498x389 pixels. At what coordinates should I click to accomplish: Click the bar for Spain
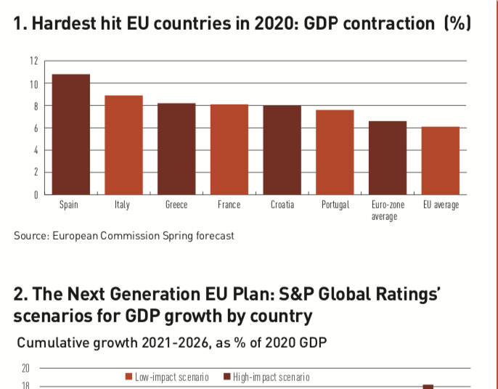coord(68,134)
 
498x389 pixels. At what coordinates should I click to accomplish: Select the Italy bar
coord(123,145)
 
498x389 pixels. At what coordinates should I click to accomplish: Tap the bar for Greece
coord(176,149)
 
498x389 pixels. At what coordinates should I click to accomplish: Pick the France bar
coord(229,150)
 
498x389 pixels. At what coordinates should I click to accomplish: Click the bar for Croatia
coord(282,150)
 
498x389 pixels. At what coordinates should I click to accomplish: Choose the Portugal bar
coord(335,152)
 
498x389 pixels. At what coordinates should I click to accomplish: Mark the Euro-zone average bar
coord(388,157)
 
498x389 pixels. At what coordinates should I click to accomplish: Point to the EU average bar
coord(441,160)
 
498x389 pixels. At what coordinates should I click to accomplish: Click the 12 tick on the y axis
coord(33,61)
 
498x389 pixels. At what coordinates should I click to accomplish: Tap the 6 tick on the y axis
coord(34,128)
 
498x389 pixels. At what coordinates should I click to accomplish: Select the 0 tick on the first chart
coord(34,194)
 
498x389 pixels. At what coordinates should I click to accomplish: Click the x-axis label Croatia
coord(282,205)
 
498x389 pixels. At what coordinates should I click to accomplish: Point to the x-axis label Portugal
coord(335,205)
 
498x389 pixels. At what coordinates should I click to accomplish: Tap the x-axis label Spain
coord(68,205)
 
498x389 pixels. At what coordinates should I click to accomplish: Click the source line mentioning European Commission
coord(124,236)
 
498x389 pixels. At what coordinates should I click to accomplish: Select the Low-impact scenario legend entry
coord(167,377)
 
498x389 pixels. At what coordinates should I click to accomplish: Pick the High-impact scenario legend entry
coord(266,377)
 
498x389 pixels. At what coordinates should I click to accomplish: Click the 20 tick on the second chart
coord(26,369)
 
